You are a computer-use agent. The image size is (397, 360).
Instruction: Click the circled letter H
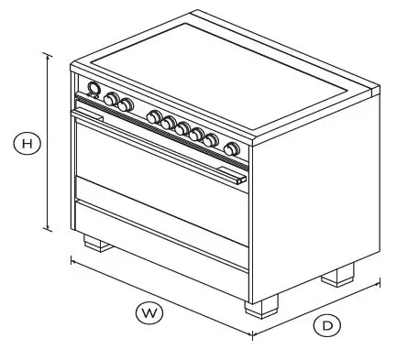pos(28,143)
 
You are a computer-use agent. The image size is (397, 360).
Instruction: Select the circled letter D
pos(326,324)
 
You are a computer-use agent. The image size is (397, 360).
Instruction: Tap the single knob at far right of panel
pos(232,149)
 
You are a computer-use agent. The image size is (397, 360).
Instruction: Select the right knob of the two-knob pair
pos(126,104)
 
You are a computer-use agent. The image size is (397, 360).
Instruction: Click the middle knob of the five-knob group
pos(182,127)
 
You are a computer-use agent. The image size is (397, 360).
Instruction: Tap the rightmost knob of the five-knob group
pos(211,140)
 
